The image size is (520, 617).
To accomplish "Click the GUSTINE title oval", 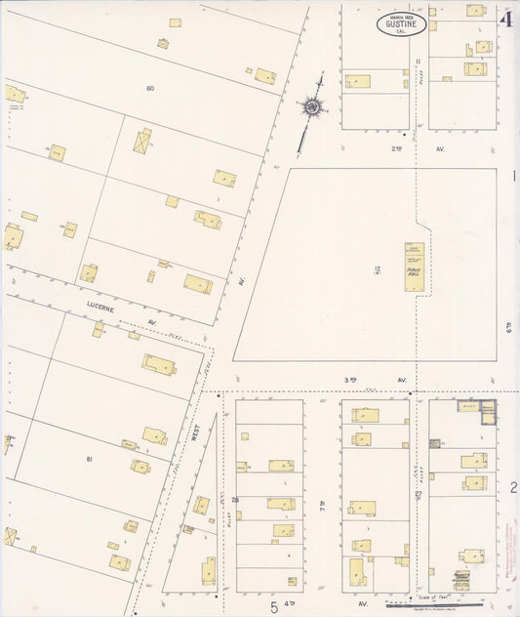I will coord(401,23).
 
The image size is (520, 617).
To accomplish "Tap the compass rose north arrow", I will coord(313,106).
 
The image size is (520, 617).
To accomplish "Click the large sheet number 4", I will coord(505,19).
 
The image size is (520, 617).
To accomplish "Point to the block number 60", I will coord(150,89).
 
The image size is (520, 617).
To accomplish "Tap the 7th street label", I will coord(323,505).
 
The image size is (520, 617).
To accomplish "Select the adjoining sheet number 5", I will coord(274,607).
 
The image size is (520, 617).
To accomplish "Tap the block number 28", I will coord(235,500).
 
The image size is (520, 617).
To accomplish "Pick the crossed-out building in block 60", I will coord(143,141).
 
